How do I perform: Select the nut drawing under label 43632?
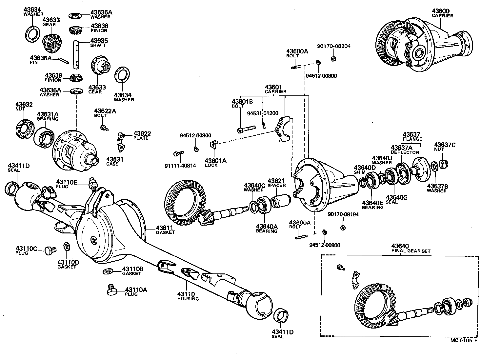(25, 129)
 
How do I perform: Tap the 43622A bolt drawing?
(104, 127)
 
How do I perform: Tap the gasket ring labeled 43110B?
(108, 271)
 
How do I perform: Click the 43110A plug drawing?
(112, 290)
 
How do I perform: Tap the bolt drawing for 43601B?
(246, 129)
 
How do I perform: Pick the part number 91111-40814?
(180, 166)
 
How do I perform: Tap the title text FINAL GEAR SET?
(411, 251)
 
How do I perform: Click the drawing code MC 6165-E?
(464, 340)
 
